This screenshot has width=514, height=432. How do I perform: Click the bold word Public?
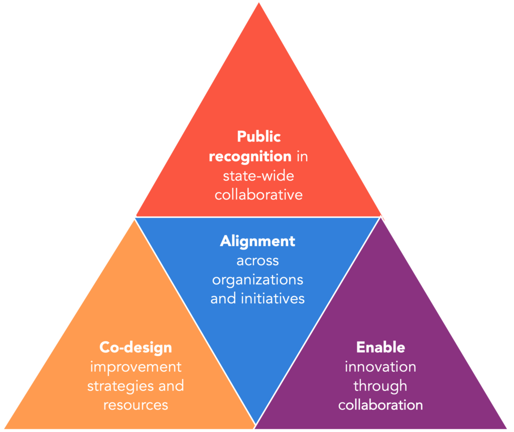pyautogui.click(x=259, y=137)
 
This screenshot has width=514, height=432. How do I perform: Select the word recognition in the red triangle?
pyautogui.click(x=250, y=156)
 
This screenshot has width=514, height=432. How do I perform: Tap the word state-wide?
pyautogui.click(x=259, y=176)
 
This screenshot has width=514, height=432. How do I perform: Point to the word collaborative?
pyautogui.click(x=259, y=194)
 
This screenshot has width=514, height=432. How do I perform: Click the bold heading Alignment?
pyautogui.click(x=258, y=241)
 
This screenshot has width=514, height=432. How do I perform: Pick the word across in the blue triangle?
pyautogui.click(x=258, y=260)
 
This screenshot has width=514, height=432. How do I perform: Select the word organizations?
pyautogui.click(x=258, y=279)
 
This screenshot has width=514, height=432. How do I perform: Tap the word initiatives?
pyautogui.click(x=273, y=298)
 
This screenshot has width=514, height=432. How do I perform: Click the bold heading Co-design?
pyautogui.click(x=136, y=347)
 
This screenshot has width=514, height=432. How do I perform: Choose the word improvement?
pyautogui.click(x=136, y=366)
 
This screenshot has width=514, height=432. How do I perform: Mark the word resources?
pyautogui.click(x=136, y=404)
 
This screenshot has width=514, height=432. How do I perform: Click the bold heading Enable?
pyautogui.click(x=380, y=347)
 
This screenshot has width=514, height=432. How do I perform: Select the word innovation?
pyautogui.click(x=380, y=366)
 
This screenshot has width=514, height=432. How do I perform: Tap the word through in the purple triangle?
pyautogui.click(x=380, y=386)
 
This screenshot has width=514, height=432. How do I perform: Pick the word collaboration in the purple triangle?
pyautogui.click(x=380, y=404)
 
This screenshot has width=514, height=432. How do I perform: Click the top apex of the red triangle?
pyautogui.click(x=259, y=3)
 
